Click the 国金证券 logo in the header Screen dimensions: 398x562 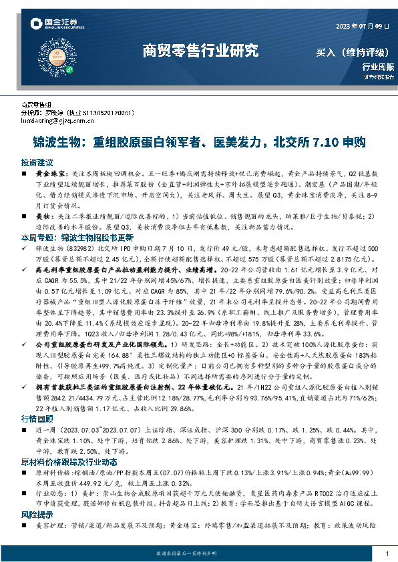(x=56, y=25)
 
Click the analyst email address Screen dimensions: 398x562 (x=59, y=120)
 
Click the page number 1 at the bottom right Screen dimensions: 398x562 (x=388, y=554)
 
